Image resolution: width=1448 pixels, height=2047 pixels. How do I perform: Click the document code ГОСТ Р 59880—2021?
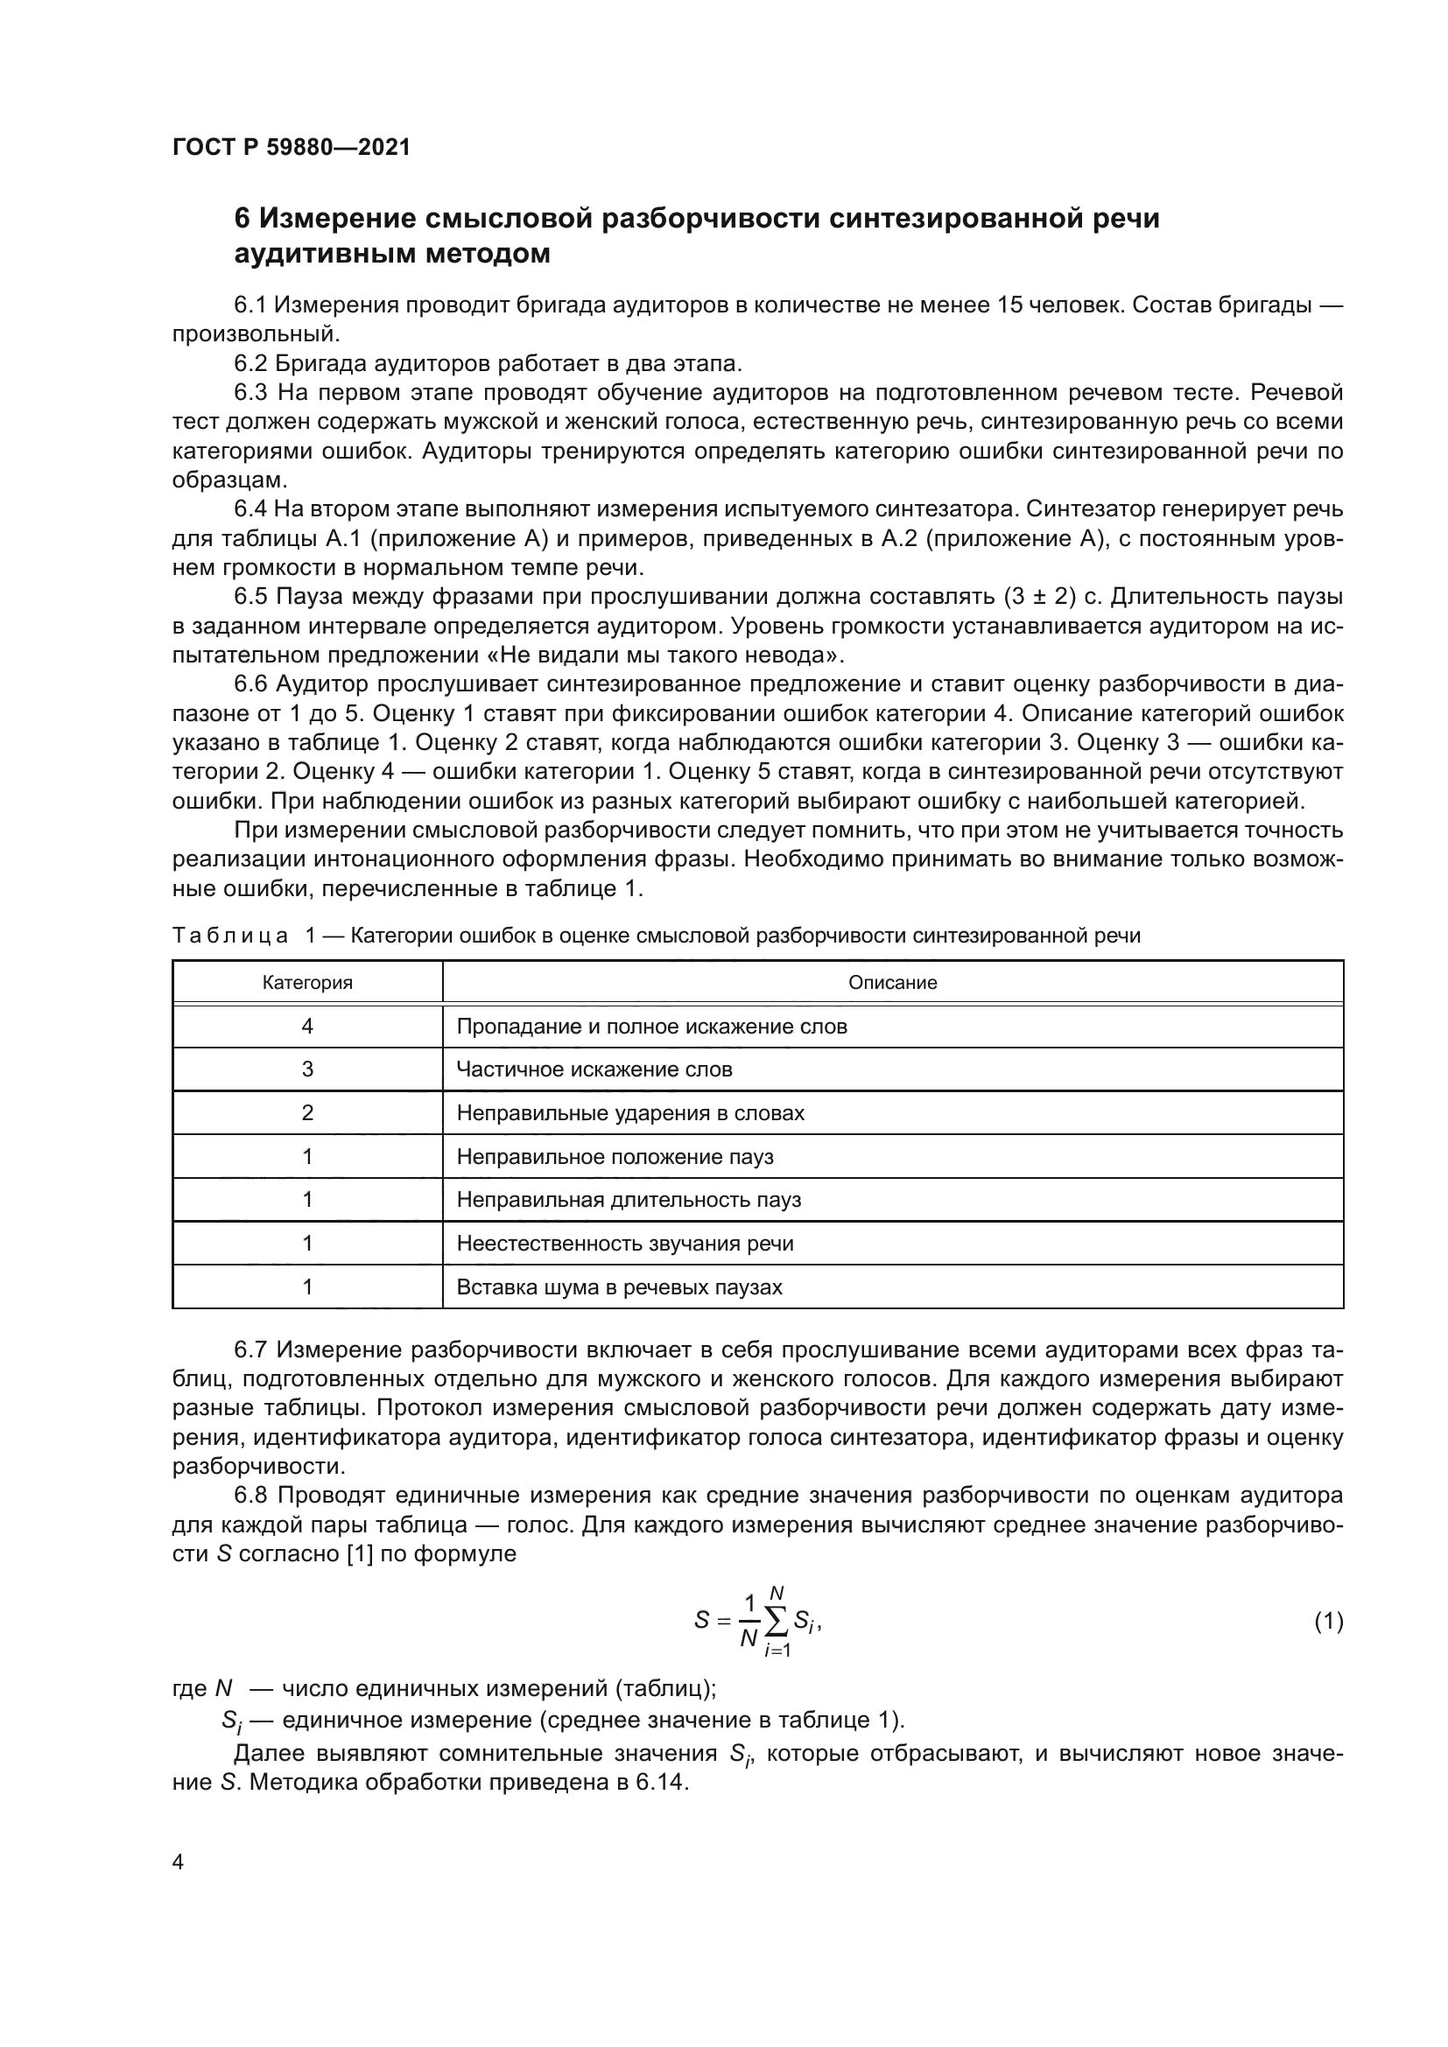coord(291,147)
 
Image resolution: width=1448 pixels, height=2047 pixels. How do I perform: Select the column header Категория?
coord(307,983)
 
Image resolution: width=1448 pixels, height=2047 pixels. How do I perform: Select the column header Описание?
coord(892,983)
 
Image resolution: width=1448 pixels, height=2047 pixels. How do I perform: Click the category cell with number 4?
coord(307,1027)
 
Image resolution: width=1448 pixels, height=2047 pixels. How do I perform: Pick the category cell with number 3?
coord(307,1069)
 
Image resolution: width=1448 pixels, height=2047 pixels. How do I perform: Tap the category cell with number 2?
coord(307,1112)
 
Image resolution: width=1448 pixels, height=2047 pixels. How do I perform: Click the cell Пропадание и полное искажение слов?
coord(652,1027)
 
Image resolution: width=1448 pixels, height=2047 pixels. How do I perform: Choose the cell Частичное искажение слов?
coord(594,1069)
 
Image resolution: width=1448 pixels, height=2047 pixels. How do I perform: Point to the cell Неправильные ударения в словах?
coord(630,1112)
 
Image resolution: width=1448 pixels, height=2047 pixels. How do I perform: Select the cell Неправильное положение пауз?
coord(615,1156)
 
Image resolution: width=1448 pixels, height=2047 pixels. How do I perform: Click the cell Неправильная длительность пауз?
coord(629,1199)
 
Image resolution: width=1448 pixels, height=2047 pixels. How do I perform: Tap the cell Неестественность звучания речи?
coord(625,1243)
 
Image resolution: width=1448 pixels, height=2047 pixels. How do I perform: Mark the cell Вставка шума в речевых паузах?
coord(620,1286)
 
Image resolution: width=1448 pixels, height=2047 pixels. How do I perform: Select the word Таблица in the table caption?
coord(230,936)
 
